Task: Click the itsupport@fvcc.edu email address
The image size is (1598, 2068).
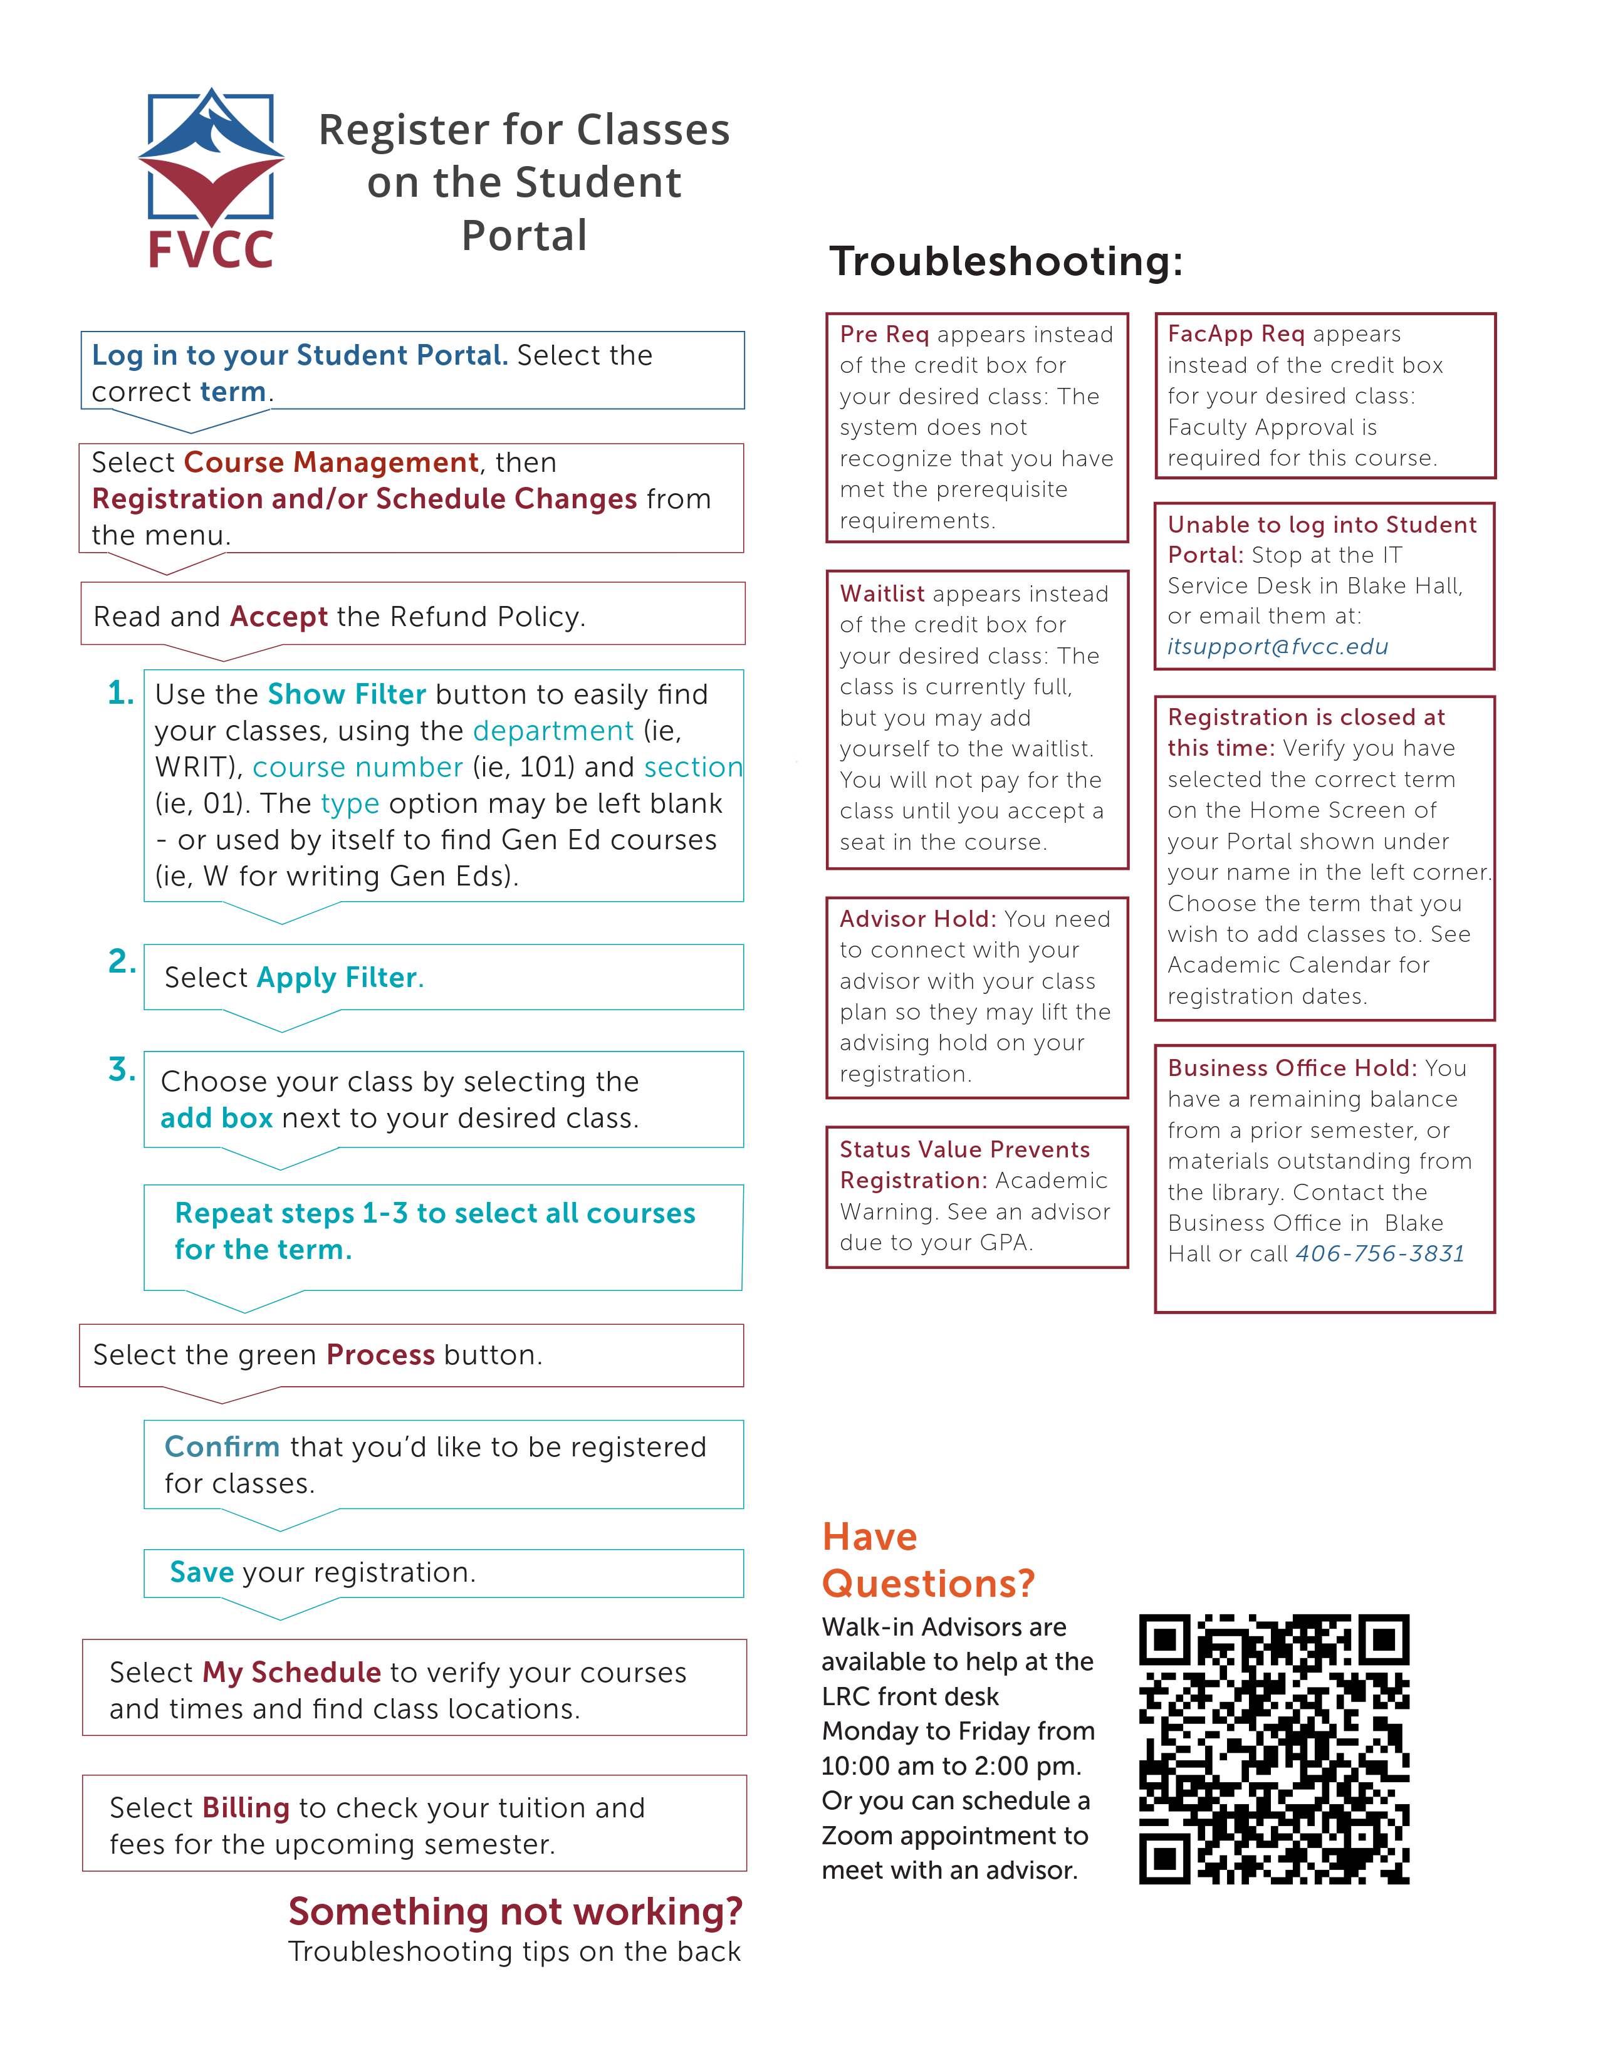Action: [x=1277, y=647]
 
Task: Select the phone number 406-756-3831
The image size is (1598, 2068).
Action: [x=1379, y=1254]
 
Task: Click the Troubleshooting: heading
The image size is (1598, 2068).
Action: [x=1005, y=261]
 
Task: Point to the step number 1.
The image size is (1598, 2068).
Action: [x=120, y=693]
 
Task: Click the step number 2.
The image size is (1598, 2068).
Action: [x=121, y=961]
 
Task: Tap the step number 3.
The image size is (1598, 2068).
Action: [x=121, y=1069]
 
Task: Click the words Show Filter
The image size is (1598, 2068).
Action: [x=347, y=694]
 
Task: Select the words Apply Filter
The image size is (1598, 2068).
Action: [x=337, y=977]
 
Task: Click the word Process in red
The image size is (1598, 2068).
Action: [x=380, y=1355]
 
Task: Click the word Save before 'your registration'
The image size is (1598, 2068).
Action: [x=202, y=1572]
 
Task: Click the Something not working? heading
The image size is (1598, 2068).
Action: [x=515, y=1912]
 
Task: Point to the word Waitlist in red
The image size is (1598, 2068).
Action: [x=881, y=593]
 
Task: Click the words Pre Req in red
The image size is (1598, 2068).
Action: [x=884, y=334]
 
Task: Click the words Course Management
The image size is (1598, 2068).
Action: [x=332, y=462]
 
